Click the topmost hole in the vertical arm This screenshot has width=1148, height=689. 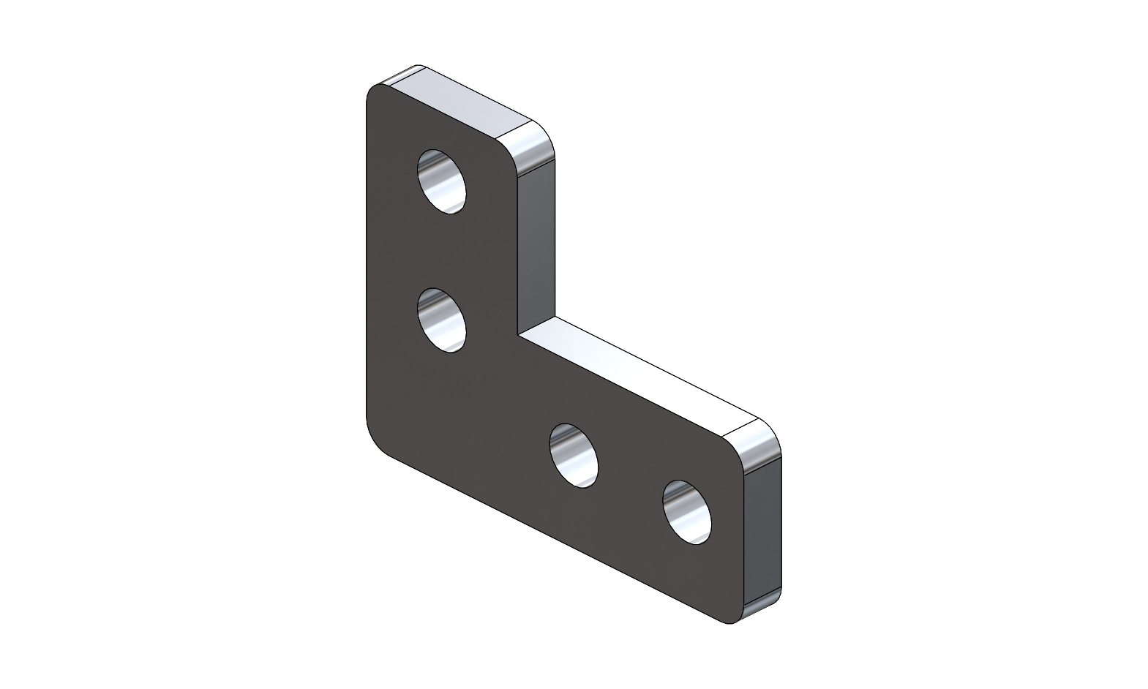(441, 181)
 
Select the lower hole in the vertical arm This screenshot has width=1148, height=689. (441, 320)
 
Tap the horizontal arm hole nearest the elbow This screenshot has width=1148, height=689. (574, 455)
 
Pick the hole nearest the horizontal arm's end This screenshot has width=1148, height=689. (687, 511)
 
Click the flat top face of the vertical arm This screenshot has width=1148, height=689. (461, 102)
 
